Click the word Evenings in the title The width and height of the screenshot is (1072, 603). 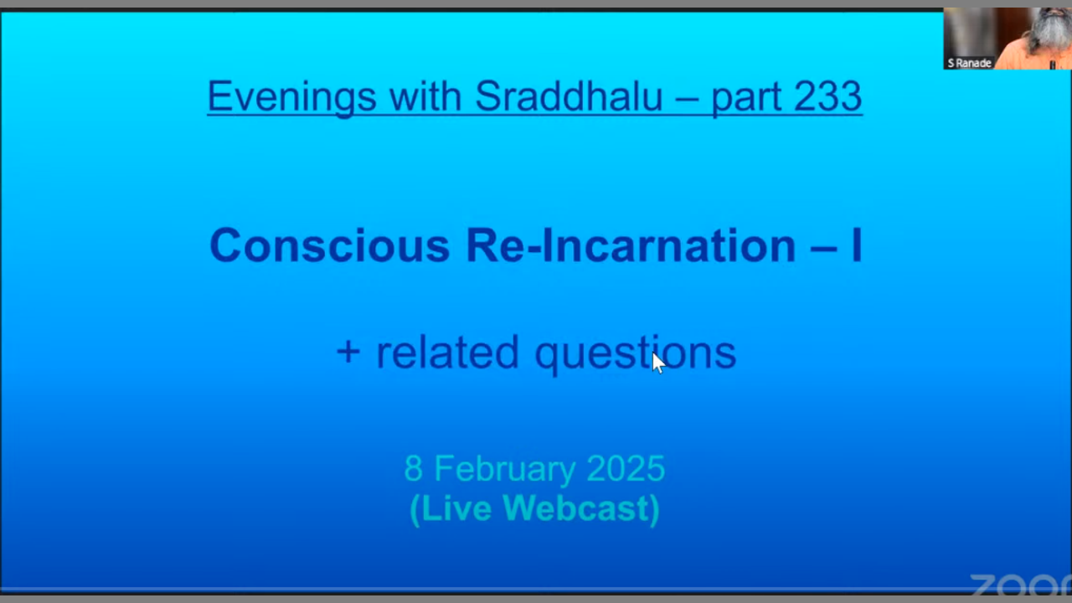(292, 98)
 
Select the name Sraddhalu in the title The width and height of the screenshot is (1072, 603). (569, 96)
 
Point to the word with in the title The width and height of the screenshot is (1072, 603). (425, 96)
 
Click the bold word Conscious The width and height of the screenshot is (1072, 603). (330, 245)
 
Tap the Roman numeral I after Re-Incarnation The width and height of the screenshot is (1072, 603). (857, 245)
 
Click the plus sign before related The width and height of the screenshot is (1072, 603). (348, 353)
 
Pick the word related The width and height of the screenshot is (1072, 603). (447, 353)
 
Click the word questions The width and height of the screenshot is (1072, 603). (636, 354)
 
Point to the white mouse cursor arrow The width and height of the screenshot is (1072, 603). (658, 363)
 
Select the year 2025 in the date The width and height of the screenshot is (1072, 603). (626, 468)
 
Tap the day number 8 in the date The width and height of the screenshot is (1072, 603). (414, 468)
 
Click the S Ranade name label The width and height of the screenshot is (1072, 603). (969, 63)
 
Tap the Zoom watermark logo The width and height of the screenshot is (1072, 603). (1021, 585)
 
